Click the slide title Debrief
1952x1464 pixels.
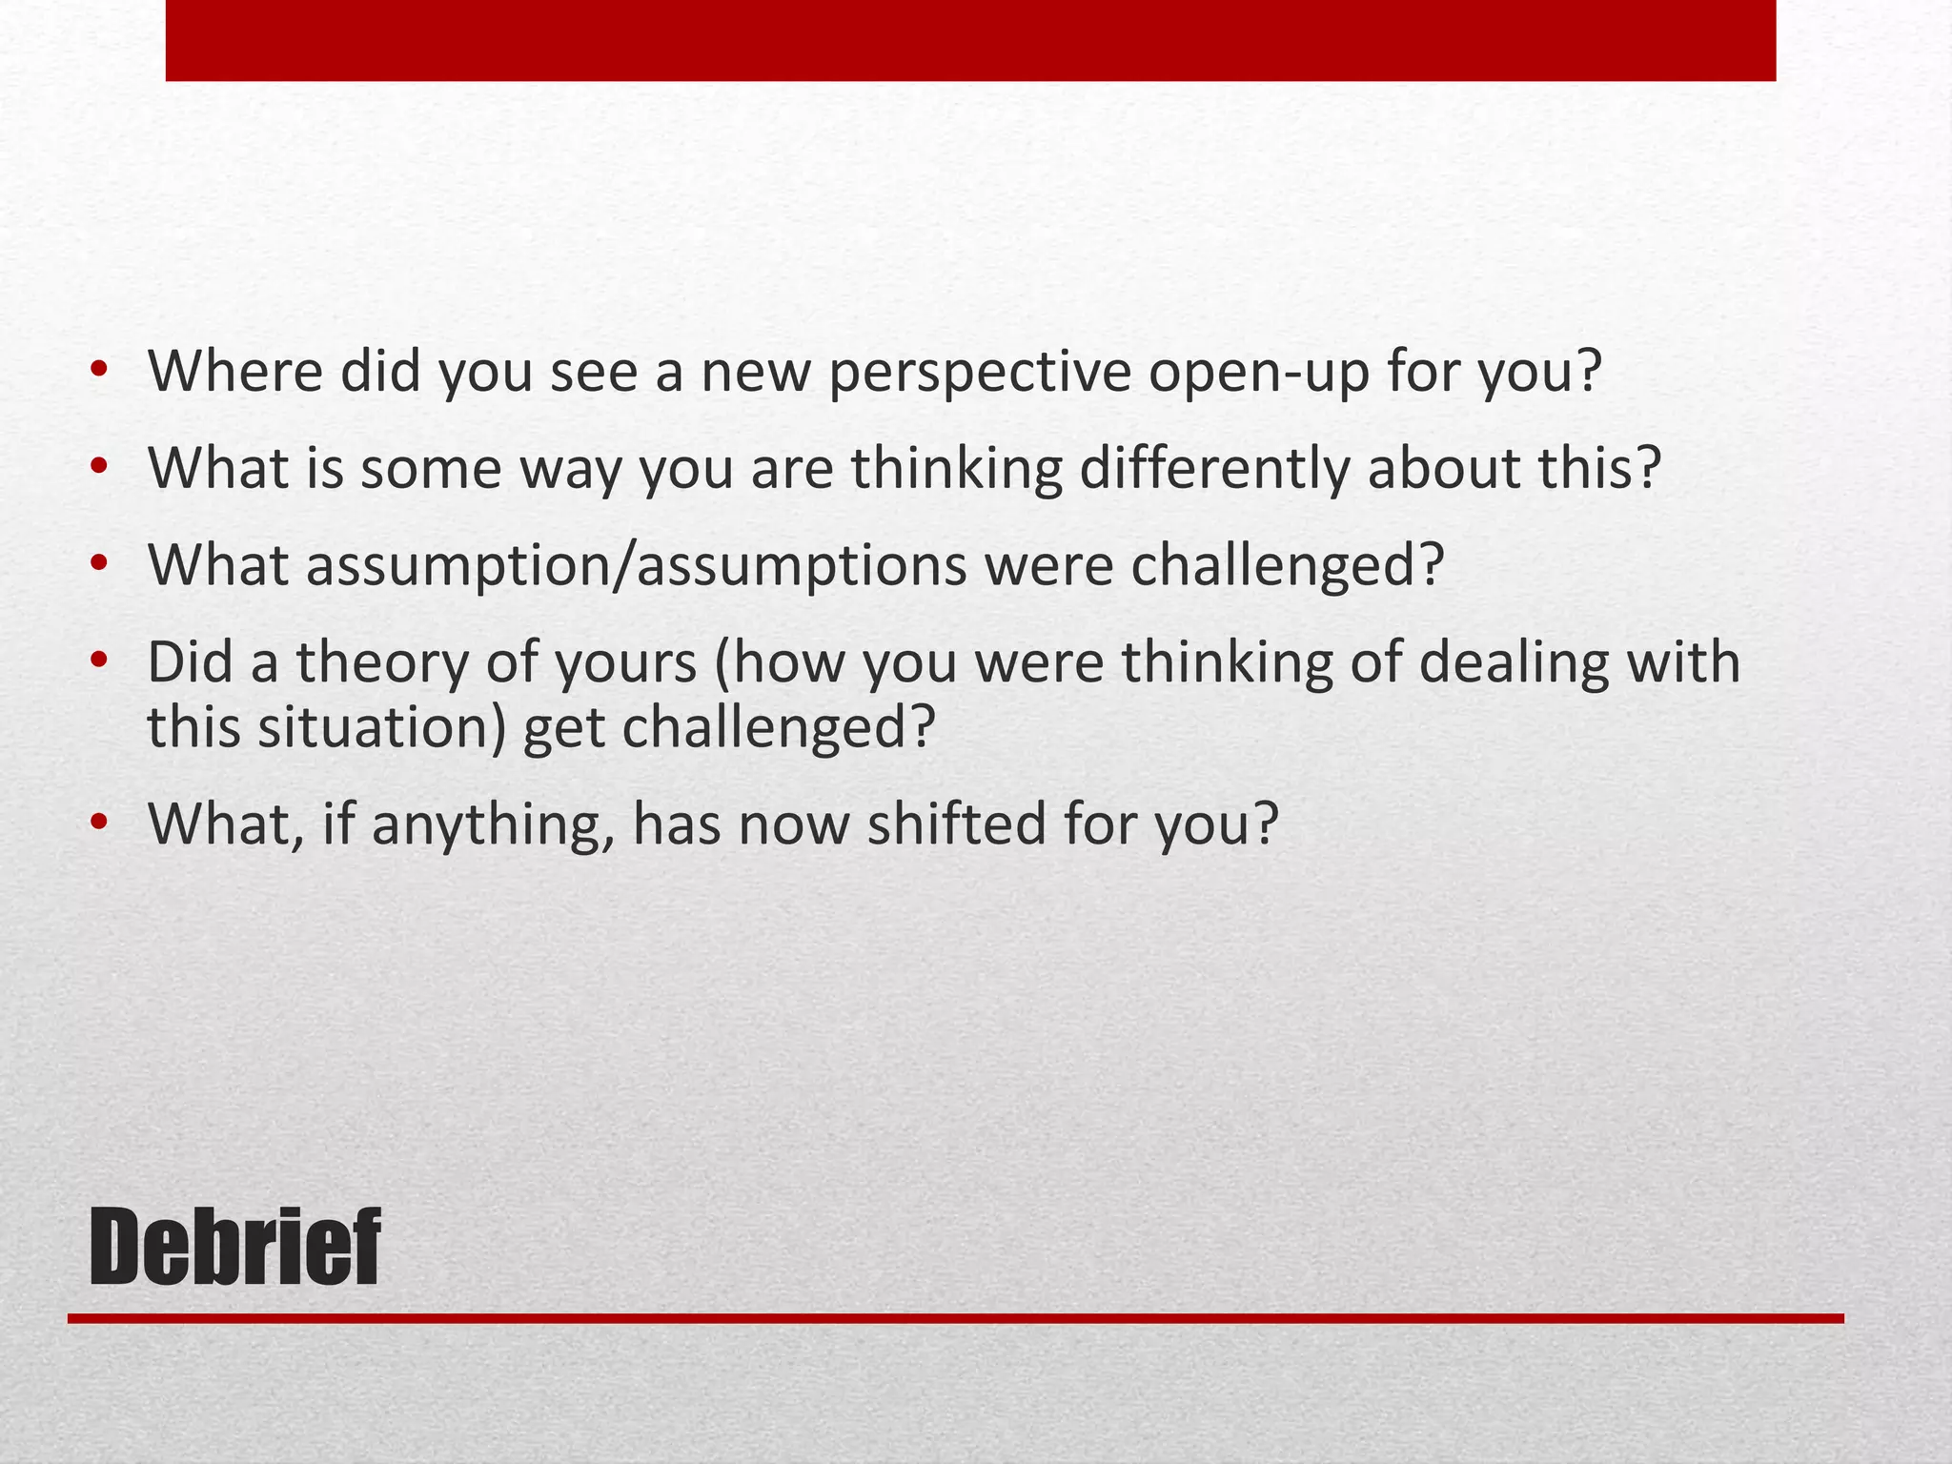pos(234,1247)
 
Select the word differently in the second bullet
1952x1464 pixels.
pos(1214,470)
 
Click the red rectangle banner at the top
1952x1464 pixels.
pos(970,40)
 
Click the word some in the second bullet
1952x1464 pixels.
pos(431,470)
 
